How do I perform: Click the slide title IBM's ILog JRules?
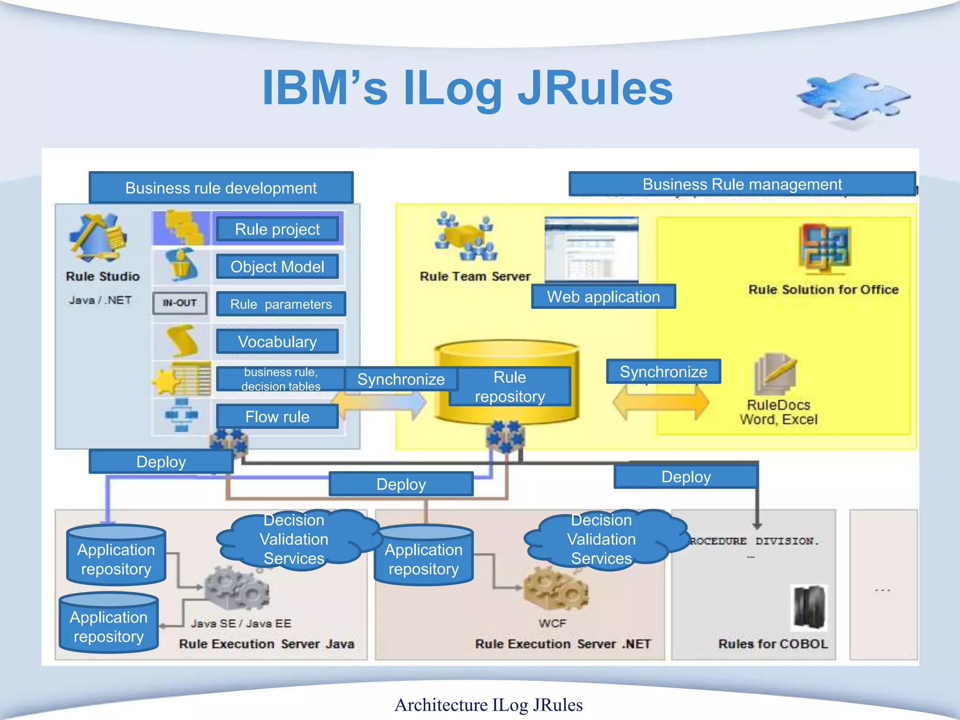(467, 88)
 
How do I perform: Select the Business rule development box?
(221, 187)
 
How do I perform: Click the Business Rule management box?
(742, 184)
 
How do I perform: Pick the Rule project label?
(277, 229)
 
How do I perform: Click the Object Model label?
(277, 267)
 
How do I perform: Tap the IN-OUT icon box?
(180, 303)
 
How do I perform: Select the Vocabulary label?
(277, 342)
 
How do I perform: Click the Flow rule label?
(277, 417)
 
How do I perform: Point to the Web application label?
(603, 297)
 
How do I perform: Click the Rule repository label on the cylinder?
(510, 387)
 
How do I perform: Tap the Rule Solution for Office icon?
(825, 248)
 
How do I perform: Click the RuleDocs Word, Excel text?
(778, 412)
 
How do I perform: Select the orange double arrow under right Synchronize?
(660, 402)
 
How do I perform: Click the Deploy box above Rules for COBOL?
(685, 477)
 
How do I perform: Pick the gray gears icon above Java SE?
(237, 588)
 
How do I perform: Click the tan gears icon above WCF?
(555, 588)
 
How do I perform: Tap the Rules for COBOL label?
(772, 644)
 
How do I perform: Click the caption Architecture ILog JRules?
(488, 705)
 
